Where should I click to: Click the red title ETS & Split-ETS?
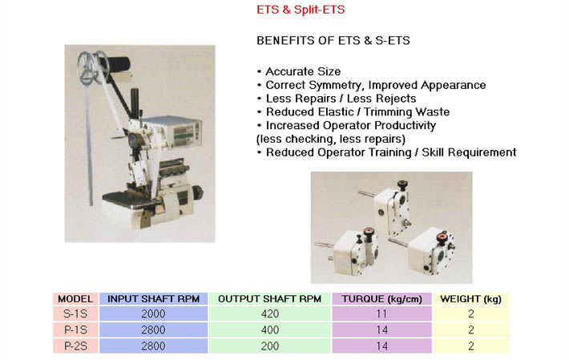point(301,10)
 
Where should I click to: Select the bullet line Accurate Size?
point(299,71)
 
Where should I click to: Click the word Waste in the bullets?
point(433,111)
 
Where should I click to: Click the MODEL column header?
point(75,299)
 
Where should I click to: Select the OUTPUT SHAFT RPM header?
point(269,299)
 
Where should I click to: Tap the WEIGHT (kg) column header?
point(470,299)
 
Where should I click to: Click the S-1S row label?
point(75,314)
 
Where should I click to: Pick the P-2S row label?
point(75,346)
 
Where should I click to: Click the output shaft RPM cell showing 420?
point(269,314)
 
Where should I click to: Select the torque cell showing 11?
point(381,314)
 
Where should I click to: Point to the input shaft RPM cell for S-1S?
point(153,314)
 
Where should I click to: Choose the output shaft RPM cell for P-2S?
point(269,346)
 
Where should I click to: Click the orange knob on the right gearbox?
point(442,237)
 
